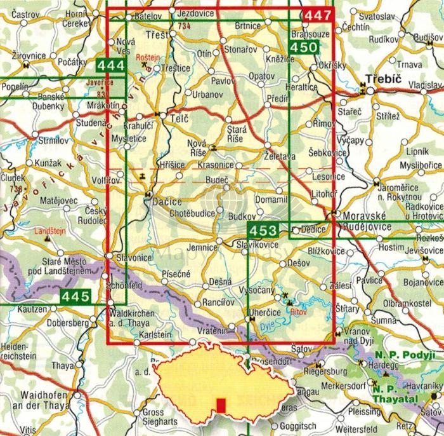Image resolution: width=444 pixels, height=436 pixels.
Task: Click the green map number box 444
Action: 110,65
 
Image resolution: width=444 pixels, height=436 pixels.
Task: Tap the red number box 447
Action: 318,15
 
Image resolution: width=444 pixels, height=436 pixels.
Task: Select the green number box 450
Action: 303,48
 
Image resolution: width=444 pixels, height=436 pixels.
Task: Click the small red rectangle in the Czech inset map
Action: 221,404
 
